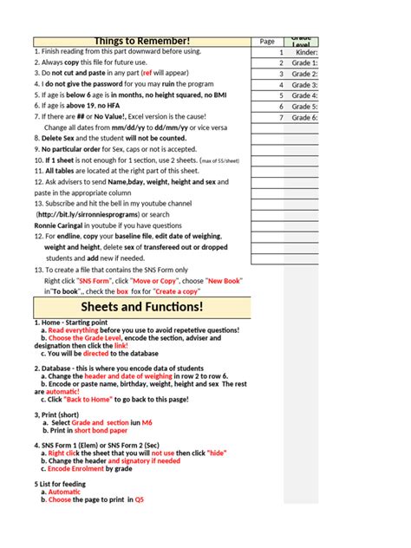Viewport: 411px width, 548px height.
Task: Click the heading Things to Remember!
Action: pos(142,42)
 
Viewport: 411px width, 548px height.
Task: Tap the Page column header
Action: pos(267,42)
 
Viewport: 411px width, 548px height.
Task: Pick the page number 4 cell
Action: pos(281,95)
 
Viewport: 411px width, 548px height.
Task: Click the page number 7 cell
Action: pos(281,117)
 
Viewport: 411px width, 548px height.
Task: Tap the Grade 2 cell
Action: pos(304,74)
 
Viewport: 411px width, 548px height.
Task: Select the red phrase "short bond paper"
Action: pos(99,430)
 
